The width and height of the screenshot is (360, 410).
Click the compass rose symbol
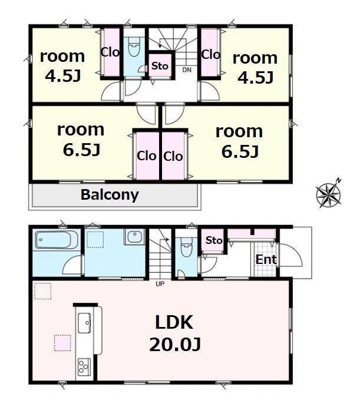coord(328,194)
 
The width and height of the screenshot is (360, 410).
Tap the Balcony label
coord(110,195)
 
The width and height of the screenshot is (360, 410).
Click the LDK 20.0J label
coord(174,333)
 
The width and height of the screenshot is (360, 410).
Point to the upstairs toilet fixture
coord(134,47)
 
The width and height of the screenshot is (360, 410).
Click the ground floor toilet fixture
coord(186,247)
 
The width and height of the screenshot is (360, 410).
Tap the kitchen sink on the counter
coord(84,323)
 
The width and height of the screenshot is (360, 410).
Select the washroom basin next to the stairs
coord(135,237)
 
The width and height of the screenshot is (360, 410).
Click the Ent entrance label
coord(266,260)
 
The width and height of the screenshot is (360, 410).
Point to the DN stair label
coord(187,70)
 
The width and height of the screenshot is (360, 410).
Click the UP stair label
coord(160,284)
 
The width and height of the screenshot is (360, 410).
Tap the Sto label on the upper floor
coord(160,66)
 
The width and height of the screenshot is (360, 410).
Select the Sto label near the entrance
coord(214,240)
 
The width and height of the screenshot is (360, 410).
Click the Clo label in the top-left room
coord(110,52)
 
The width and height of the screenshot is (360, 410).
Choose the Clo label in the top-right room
coord(211,55)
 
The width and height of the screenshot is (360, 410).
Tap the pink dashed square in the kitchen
coord(62,343)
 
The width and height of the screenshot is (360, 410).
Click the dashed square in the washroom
coord(95,240)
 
